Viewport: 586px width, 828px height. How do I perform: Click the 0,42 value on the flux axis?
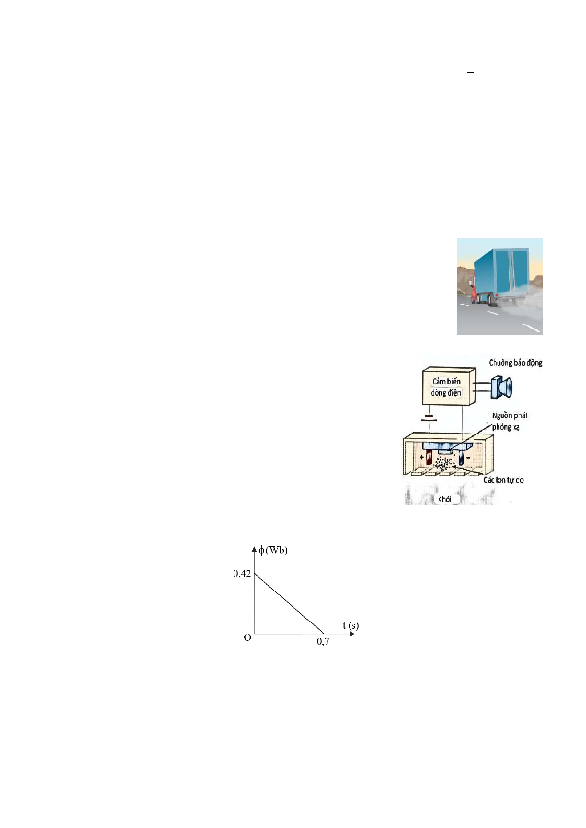click(242, 574)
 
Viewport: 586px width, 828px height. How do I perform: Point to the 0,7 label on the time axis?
click(322, 641)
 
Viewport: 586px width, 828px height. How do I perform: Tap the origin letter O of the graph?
click(248, 637)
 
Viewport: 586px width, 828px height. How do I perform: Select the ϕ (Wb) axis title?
click(273, 550)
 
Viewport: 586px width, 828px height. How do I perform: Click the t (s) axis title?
click(351, 625)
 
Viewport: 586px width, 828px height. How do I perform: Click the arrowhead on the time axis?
click(352, 634)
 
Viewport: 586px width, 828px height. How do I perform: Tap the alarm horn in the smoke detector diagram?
click(501, 387)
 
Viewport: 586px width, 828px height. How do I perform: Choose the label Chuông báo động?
click(515, 363)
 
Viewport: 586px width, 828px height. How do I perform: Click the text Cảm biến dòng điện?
click(446, 386)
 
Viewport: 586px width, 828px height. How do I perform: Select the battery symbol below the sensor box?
click(429, 418)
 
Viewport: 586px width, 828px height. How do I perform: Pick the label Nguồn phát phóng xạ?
click(509, 421)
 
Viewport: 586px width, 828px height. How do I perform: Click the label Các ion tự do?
click(503, 480)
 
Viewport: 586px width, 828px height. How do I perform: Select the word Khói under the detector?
click(444, 499)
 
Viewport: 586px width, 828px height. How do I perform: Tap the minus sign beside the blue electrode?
click(468, 458)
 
